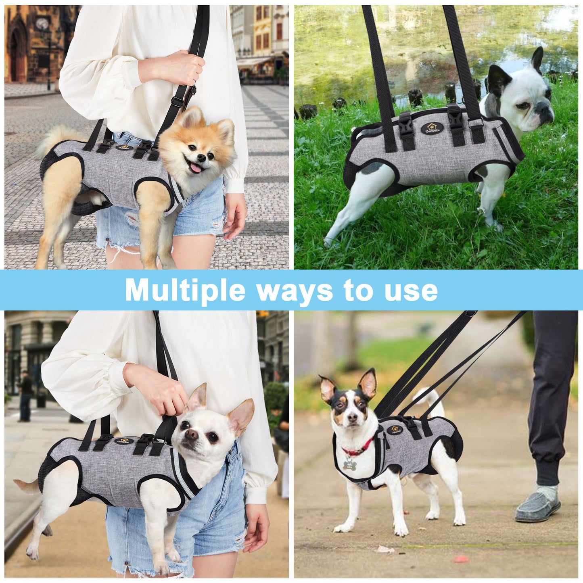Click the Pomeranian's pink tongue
click(x=195, y=168)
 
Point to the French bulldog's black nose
click(x=547, y=110)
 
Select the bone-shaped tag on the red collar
click(x=349, y=464)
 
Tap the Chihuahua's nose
click(x=192, y=434)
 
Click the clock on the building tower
click(x=42, y=24)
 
